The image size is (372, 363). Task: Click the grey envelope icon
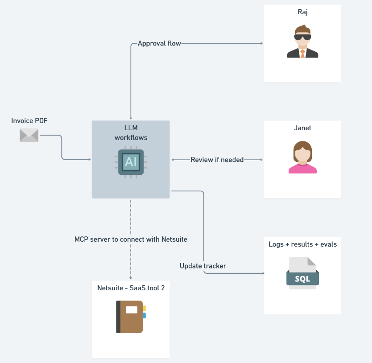pyautogui.click(x=29, y=135)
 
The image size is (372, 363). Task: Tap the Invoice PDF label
pyautogui.click(x=29, y=121)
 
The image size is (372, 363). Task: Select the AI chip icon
pyautogui.click(x=131, y=161)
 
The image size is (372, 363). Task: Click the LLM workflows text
pyautogui.click(x=131, y=133)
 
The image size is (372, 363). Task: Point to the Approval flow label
pyautogui.click(x=159, y=43)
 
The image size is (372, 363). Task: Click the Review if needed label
pyautogui.click(x=217, y=160)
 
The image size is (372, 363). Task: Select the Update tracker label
pyautogui.click(x=203, y=266)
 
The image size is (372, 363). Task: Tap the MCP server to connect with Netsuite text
pyautogui.click(x=131, y=239)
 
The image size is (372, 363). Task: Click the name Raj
pyautogui.click(x=302, y=12)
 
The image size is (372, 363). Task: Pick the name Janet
pyautogui.click(x=302, y=128)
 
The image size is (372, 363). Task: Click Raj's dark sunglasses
pyautogui.click(x=302, y=37)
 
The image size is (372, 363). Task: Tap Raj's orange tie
pyautogui.click(x=302, y=54)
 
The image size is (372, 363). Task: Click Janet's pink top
pyautogui.click(x=302, y=169)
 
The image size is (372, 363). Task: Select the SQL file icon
pyautogui.click(x=302, y=273)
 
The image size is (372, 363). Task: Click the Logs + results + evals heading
pyautogui.click(x=302, y=244)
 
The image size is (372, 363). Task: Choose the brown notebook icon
pyautogui.click(x=130, y=317)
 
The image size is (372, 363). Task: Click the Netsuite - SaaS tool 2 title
pyautogui.click(x=131, y=288)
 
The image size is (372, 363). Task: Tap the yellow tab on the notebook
pyautogui.click(x=144, y=308)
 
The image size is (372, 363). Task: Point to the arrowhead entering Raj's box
pyautogui.click(x=261, y=43)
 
